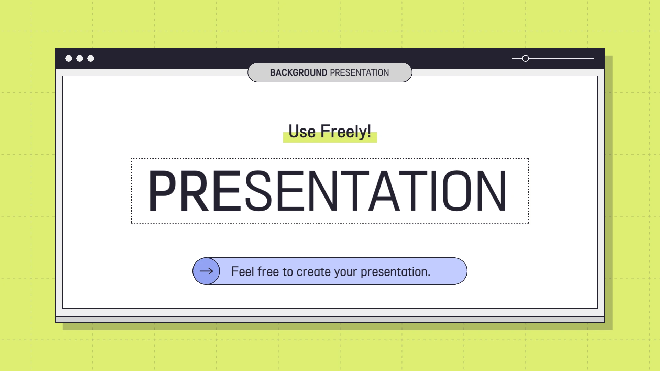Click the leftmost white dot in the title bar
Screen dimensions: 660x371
click(x=69, y=58)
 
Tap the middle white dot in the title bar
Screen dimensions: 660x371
click(x=80, y=58)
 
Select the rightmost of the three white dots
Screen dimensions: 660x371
click(x=91, y=58)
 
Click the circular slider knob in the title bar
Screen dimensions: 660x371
click(x=526, y=58)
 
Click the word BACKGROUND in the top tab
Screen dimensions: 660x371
click(x=298, y=73)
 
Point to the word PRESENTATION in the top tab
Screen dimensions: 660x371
click(x=360, y=73)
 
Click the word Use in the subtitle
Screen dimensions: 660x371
click(x=302, y=132)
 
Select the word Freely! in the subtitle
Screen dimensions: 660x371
click(x=346, y=132)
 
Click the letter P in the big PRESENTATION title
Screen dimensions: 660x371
click(x=162, y=191)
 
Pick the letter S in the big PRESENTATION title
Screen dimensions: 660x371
click(x=258, y=191)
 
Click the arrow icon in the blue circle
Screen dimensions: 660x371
click(x=206, y=271)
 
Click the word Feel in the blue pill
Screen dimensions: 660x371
click(x=243, y=271)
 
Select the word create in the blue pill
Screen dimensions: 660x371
click(x=313, y=272)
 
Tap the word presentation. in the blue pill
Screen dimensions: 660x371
click(x=395, y=272)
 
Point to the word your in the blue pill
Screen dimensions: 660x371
click(x=346, y=273)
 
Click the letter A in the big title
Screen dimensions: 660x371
click(x=384, y=191)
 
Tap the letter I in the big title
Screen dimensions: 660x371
click(x=433, y=191)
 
